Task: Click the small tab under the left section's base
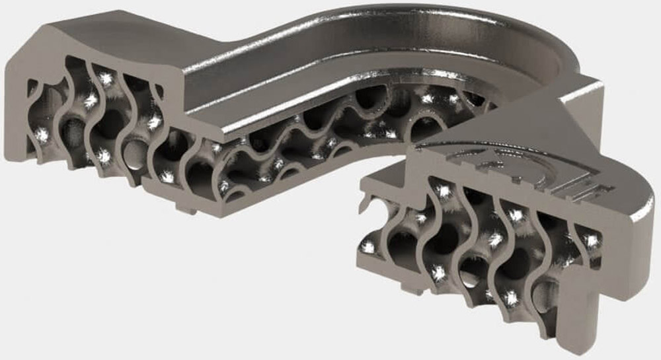pyautogui.click(x=188, y=211)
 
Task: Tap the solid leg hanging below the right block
pyautogui.click(x=585, y=310)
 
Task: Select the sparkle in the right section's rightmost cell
pyautogui.click(x=592, y=241)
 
